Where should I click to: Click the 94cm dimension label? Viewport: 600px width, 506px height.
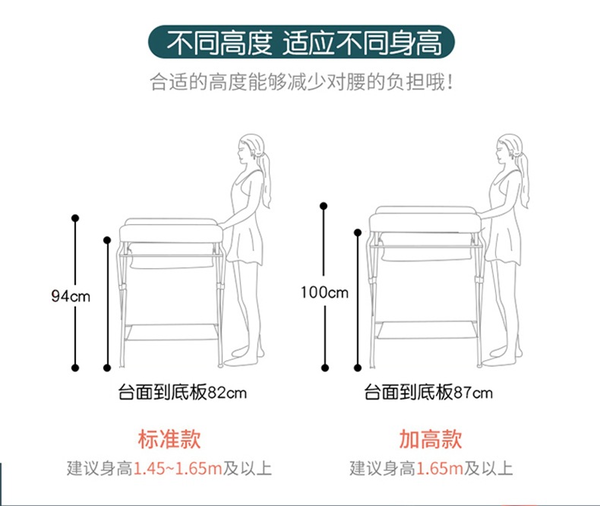click(x=71, y=296)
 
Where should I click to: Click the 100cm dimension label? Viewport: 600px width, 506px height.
click(x=324, y=293)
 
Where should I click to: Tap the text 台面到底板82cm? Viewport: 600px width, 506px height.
click(x=182, y=392)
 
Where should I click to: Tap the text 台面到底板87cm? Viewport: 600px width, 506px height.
click(x=428, y=392)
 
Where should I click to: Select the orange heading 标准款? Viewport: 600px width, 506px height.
click(x=169, y=438)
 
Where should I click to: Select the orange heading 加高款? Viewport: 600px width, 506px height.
click(x=431, y=438)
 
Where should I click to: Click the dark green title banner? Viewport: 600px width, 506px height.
click(x=302, y=42)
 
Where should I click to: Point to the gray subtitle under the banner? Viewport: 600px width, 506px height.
click(x=302, y=81)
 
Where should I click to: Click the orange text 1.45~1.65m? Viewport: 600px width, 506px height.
click(x=178, y=469)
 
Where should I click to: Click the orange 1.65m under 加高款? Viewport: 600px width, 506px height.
click(x=439, y=469)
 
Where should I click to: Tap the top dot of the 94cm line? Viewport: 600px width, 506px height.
click(x=75, y=218)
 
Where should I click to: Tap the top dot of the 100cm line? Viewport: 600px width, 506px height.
click(x=324, y=206)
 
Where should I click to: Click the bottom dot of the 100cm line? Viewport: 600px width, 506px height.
click(x=325, y=368)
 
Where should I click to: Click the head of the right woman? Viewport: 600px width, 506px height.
click(x=510, y=149)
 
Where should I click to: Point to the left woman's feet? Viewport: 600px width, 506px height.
click(x=244, y=357)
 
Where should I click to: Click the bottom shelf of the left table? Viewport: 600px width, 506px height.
click(x=171, y=332)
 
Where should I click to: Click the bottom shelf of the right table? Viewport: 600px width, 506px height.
click(x=425, y=330)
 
